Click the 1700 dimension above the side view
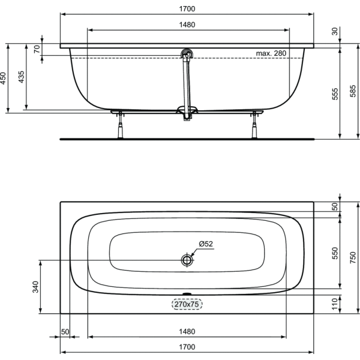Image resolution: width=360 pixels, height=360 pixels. coord(187,9)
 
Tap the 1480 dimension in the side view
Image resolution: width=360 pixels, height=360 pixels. coord(187,25)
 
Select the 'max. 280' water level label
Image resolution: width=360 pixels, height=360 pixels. coord(271,53)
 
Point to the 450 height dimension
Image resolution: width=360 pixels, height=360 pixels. coord(3,78)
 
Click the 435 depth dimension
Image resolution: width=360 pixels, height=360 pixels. coord(21,77)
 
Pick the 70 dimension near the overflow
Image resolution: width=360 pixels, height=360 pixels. coord(37,49)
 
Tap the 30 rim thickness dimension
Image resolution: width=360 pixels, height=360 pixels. coord(335,31)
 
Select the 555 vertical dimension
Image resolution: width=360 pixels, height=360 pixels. coord(335,94)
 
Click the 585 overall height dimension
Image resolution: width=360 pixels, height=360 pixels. coord(353,91)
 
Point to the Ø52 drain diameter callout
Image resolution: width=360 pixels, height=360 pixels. coord(206,244)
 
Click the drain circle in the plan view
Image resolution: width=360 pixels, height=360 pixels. coord(187,260)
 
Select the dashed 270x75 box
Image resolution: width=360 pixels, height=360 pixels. coord(187,304)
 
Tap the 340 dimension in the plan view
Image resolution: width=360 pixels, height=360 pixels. coord(35,287)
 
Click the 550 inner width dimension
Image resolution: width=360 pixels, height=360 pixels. coord(335,253)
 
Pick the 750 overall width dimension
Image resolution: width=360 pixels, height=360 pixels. coord(353,257)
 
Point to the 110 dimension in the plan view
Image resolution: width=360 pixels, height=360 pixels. coord(335,304)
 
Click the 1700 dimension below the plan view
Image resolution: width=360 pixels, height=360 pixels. coord(187,347)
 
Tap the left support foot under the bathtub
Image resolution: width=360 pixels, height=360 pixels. coord(121,125)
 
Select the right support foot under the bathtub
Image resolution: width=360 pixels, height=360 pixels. coord(254,125)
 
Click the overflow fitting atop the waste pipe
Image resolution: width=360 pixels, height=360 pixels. coord(187,55)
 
